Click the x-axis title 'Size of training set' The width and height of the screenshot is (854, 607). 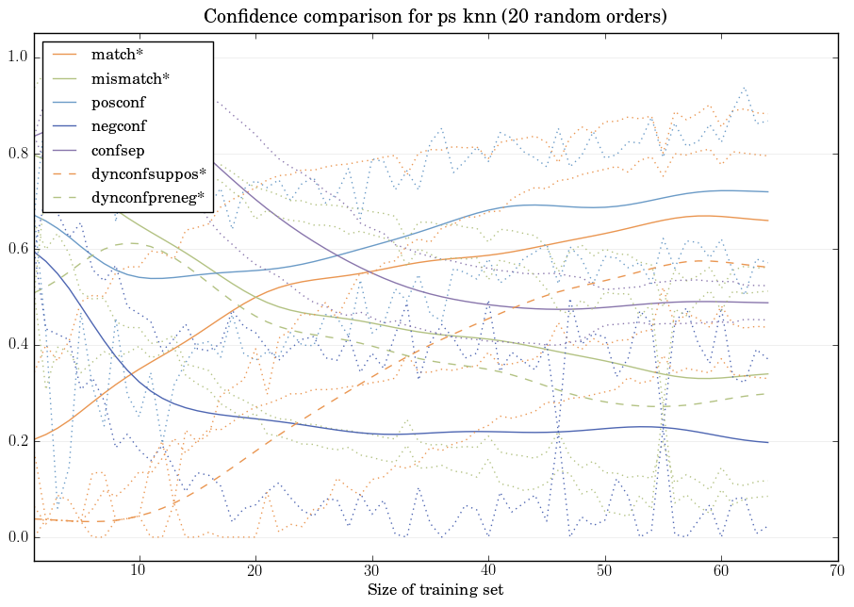[x=435, y=591]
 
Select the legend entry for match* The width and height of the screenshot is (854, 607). [x=117, y=56]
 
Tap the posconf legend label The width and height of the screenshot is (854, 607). [x=118, y=103]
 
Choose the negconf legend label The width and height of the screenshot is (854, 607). [x=119, y=126]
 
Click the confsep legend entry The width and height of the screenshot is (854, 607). [x=117, y=150]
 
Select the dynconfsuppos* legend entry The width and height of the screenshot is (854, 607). [x=148, y=173]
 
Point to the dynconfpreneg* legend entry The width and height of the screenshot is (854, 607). [x=149, y=197]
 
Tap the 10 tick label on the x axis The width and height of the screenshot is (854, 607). [x=139, y=572]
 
